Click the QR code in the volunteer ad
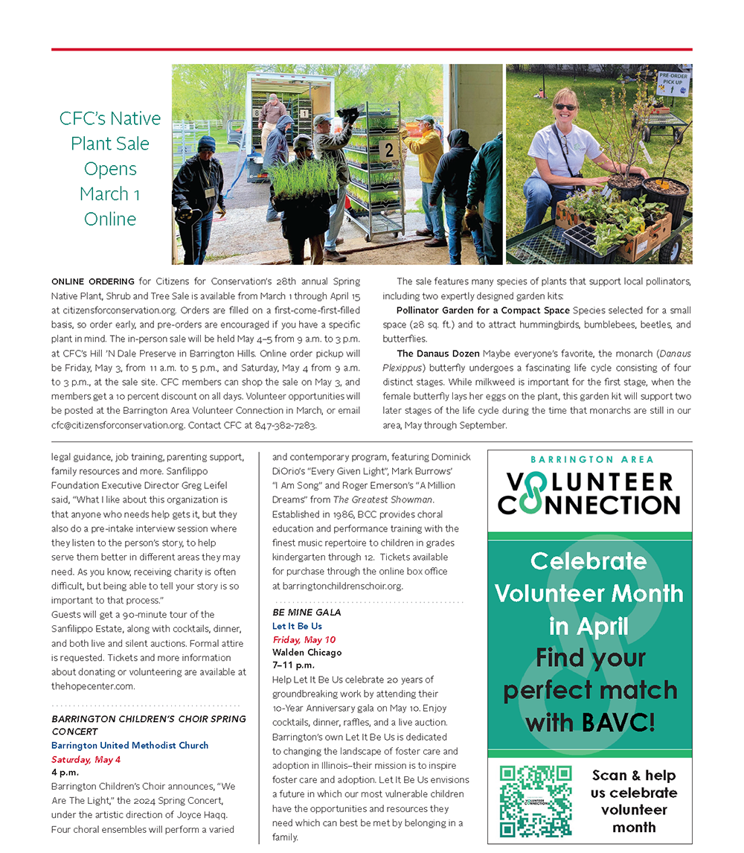[x=536, y=801]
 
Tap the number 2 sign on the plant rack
[x=388, y=150]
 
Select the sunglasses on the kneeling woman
[x=565, y=107]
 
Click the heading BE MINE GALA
[x=307, y=613]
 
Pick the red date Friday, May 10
[x=304, y=639]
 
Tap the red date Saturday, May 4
[x=86, y=760]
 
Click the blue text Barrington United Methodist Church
[x=129, y=746]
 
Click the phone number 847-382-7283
[x=285, y=426]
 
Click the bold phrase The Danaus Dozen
[x=437, y=354]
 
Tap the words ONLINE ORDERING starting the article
[x=93, y=281]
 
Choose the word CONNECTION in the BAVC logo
[x=589, y=505]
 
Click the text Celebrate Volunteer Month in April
[x=589, y=593]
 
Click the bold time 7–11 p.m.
[x=293, y=665]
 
